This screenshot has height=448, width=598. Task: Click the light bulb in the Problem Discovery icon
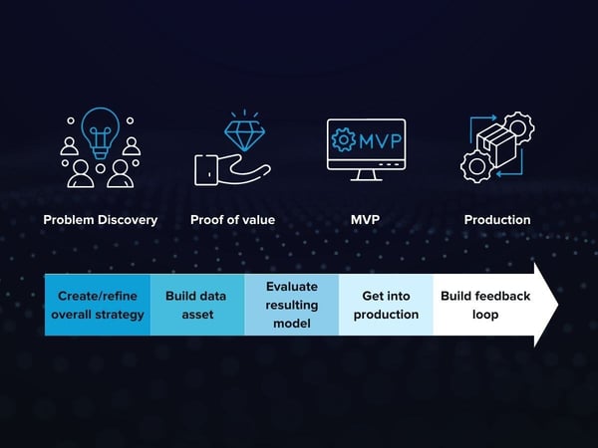[x=100, y=131]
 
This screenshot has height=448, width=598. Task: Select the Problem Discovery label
[x=100, y=220]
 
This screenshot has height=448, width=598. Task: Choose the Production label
[x=497, y=220]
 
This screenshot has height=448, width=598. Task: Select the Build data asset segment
[x=197, y=306]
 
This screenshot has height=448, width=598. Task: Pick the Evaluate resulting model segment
[x=291, y=306]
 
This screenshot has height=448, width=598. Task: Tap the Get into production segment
[x=386, y=306]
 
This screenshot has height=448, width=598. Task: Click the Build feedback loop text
[x=485, y=306]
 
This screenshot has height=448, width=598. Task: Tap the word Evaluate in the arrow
[x=291, y=287]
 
